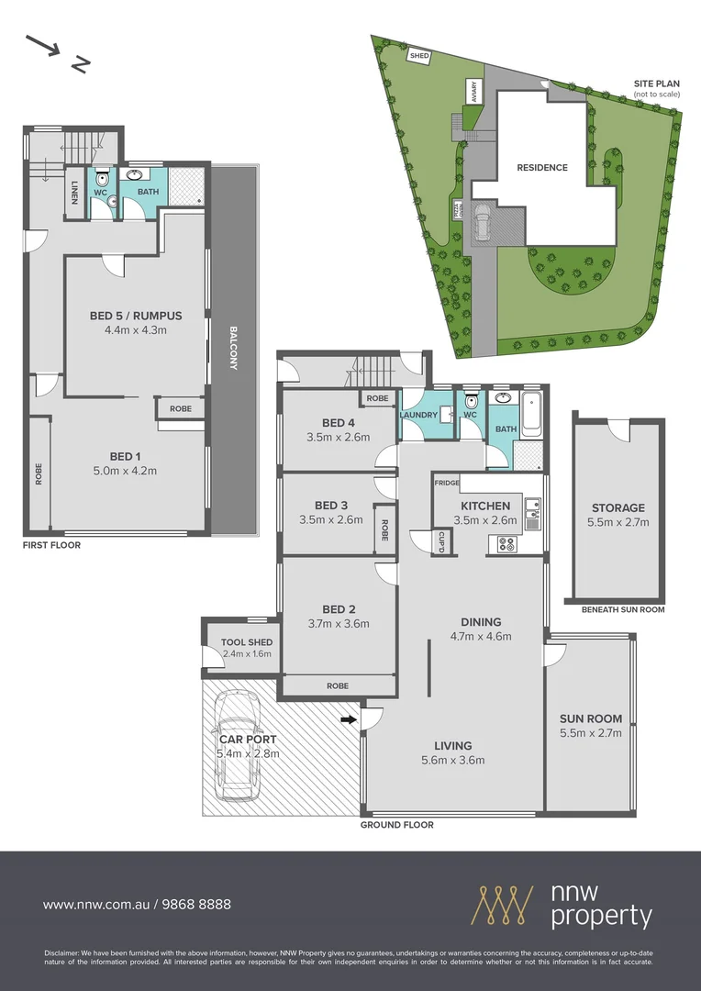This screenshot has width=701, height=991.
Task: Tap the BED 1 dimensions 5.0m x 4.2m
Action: (127, 472)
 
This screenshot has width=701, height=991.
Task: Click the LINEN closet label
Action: (74, 193)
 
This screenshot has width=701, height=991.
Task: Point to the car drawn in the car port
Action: (237, 746)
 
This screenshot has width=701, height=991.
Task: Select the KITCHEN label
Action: (485, 506)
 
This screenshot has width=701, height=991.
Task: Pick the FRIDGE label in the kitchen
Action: (447, 483)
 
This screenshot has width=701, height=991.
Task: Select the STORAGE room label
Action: (618, 507)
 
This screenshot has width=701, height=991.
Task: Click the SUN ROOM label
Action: (590, 718)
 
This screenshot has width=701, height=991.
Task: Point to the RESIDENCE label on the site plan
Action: (541, 168)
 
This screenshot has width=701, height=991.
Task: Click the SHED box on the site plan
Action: (419, 56)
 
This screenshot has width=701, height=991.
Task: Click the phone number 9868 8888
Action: (196, 904)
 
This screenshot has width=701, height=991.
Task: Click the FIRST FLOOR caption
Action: (52, 545)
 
